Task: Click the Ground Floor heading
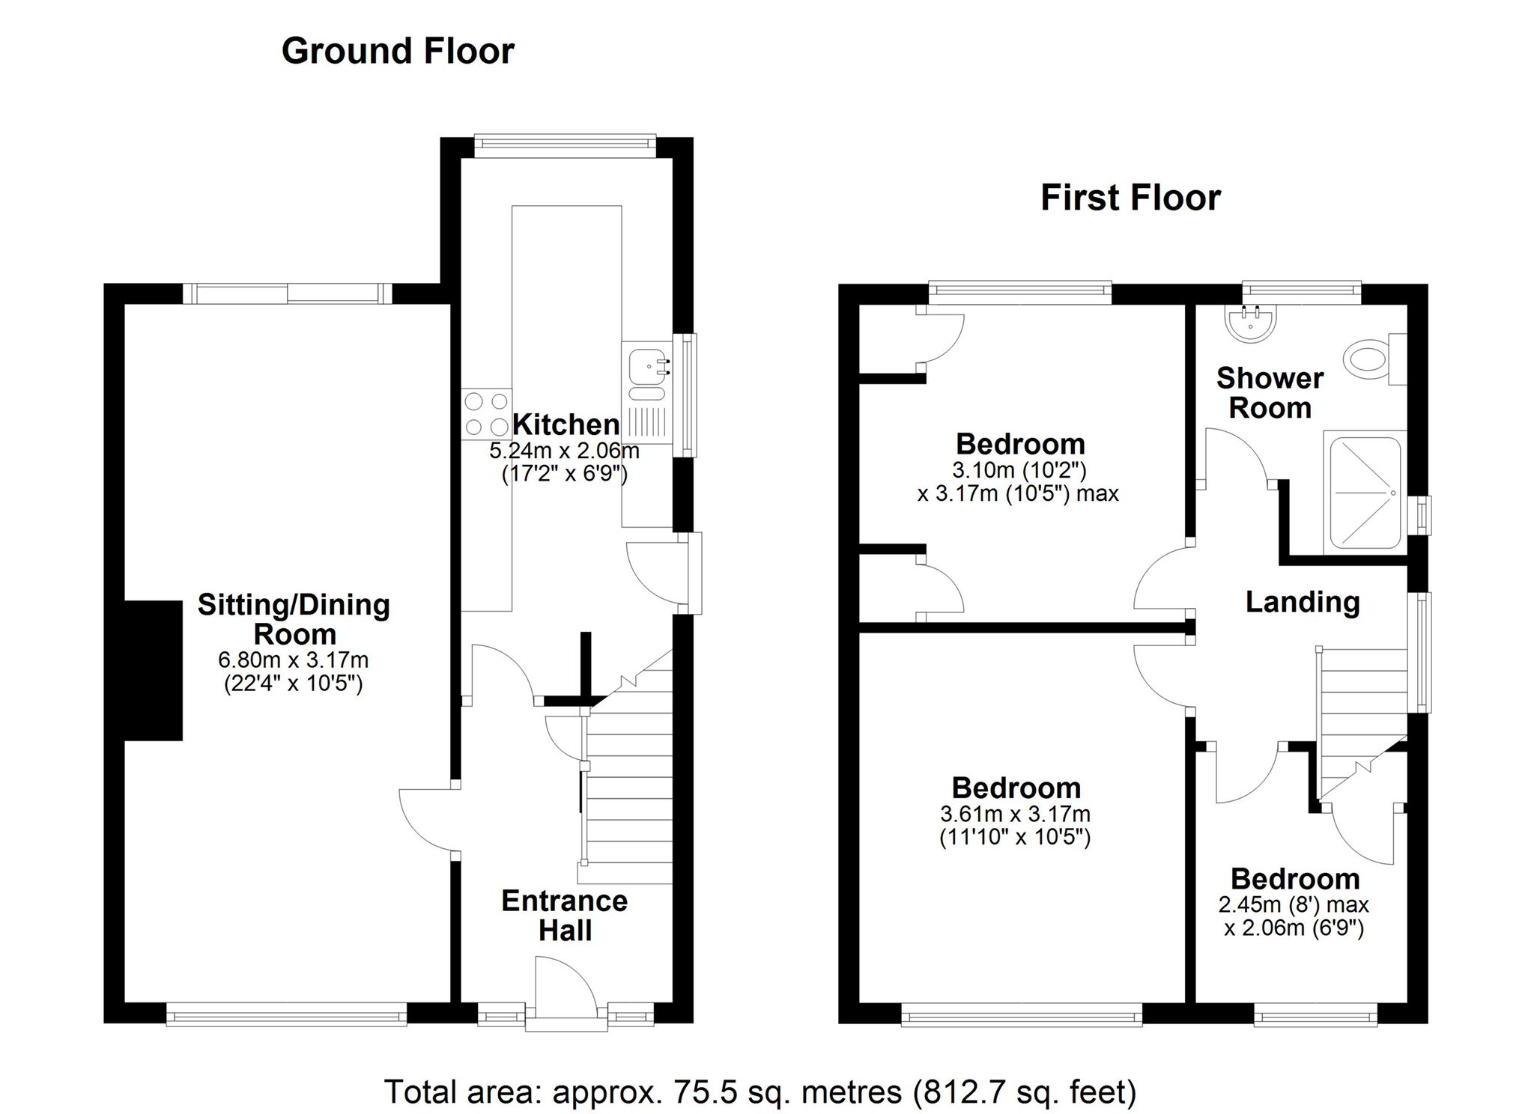click(398, 52)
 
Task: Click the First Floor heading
click(1130, 198)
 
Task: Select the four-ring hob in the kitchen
click(486, 414)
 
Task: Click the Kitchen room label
click(566, 424)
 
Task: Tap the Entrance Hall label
click(564, 915)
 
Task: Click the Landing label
click(1302, 602)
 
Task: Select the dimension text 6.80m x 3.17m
click(293, 660)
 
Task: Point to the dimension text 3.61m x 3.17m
click(1015, 814)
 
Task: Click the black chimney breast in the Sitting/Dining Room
click(154, 670)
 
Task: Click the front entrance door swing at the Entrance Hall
click(566, 987)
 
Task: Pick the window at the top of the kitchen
click(566, 145)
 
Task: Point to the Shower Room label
click(1269, 393)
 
